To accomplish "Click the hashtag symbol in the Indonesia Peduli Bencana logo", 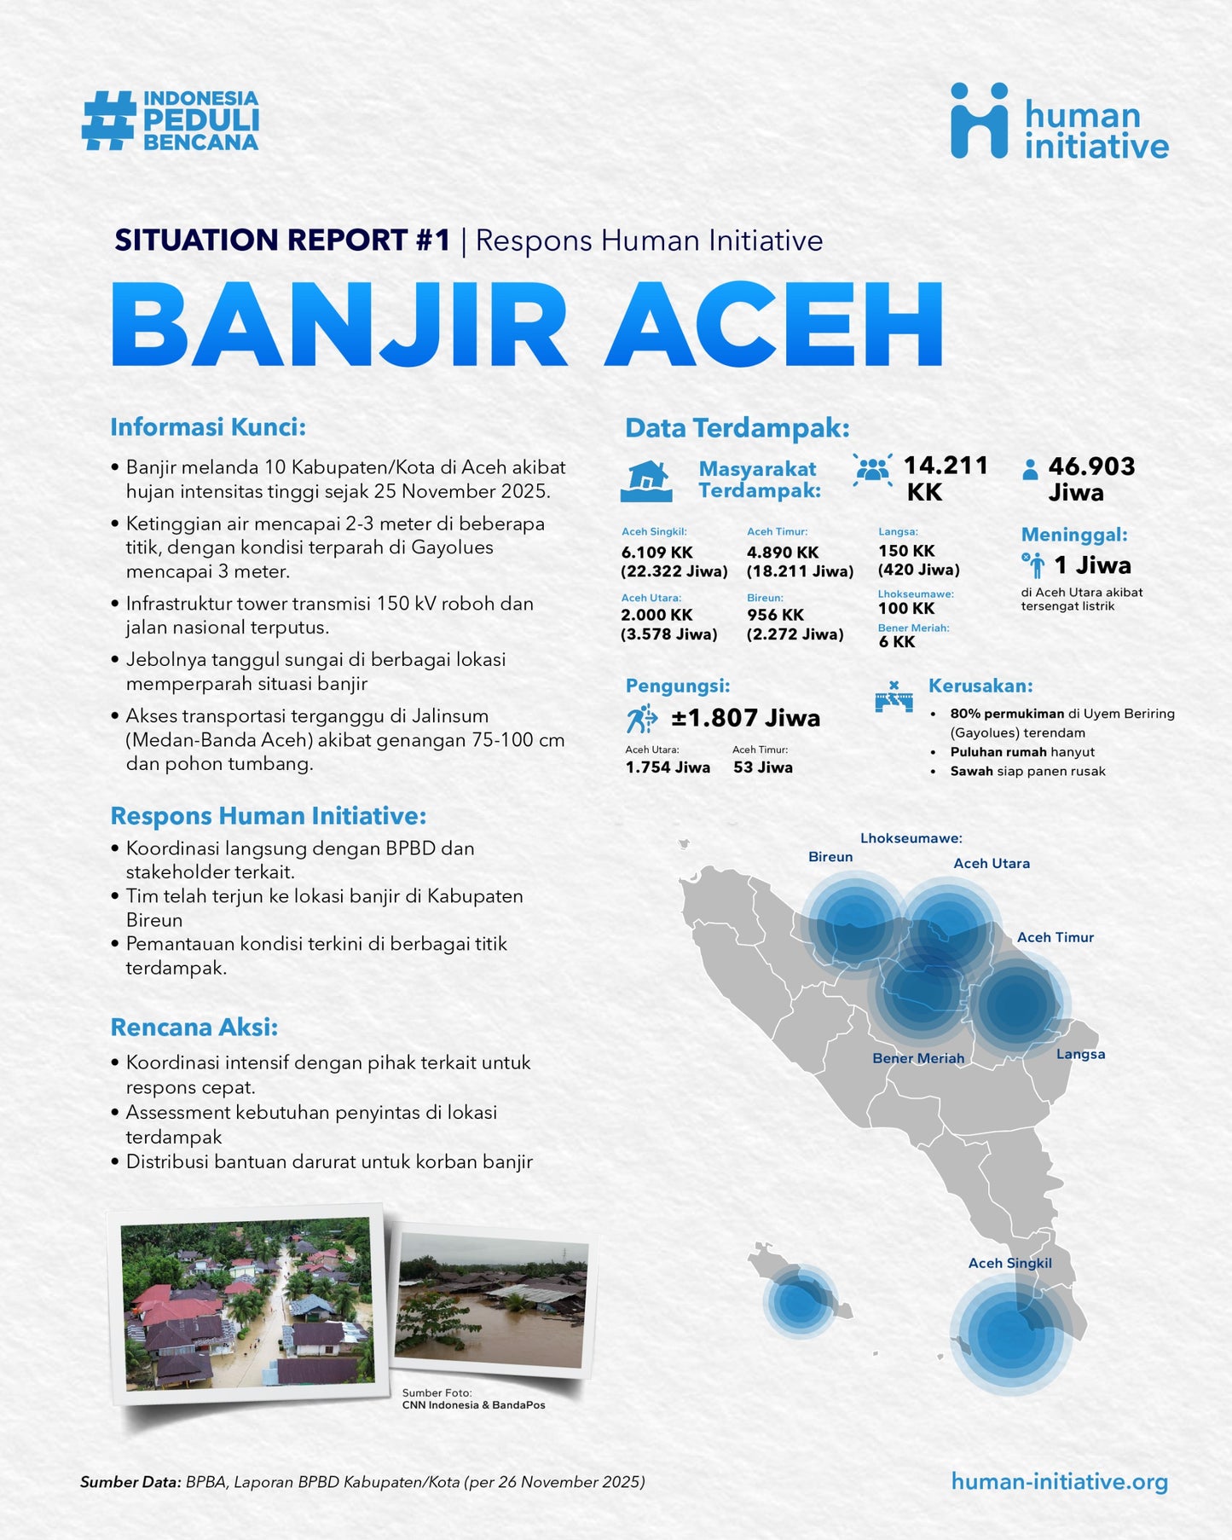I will pyautogui.click(x=108, y=121).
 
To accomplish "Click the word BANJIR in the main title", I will pyautogui.click(x=339, y=324).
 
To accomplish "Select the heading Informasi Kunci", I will pyautogui.click(x=208, y=426).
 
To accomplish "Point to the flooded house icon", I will pyautogui.click(x=646, y=481).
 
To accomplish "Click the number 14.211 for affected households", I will pyautogui.click(x=946, y=466).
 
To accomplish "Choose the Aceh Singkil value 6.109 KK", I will pyautogui.click(x=656, y=553).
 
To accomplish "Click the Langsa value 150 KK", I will pyautogui.click(x=906, y=551).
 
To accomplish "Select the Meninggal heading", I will pyautogui.click(x=1074, y=535).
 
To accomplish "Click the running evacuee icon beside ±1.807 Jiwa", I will pyautogui.click(x=641, y=719).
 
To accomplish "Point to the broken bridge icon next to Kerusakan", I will pyautogui.click(x=894, y=698).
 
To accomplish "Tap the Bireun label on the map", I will pyautogui.click(x=830, y=857).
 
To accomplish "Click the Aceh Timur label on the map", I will pyautogui.click(x=1056, y=937).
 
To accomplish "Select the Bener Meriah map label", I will pyautogui.click(x=918, y=1058).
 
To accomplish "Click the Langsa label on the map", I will pyautogui.click(x=1080, y=1054).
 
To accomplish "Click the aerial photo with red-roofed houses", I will pyautogui.click(x=247, y=1302).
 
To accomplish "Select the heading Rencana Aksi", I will pyautogui.click(x=194, y=1028).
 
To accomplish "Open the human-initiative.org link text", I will pyautogui.click(x=1059, y=1481).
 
